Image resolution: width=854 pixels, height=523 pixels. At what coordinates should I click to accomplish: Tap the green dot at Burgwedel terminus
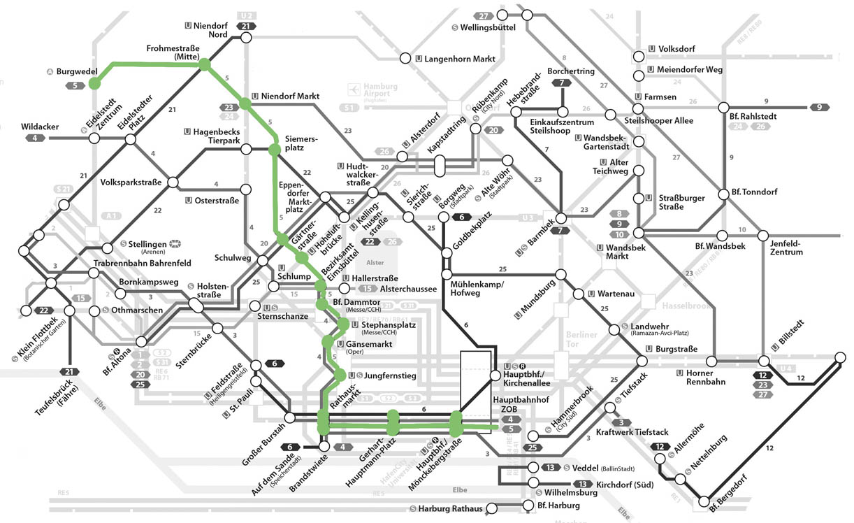click(94, 84)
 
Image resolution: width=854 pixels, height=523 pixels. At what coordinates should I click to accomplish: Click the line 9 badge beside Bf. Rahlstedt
click(820, 107)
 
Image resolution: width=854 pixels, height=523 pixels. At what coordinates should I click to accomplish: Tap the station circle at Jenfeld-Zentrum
click(763, 236)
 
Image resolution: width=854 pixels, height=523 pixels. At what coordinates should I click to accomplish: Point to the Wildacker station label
click(40, 127)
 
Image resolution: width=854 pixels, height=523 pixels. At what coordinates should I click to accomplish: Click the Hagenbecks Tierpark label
click(212, 136)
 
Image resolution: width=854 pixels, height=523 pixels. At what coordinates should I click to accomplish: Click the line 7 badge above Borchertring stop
click(561, 83)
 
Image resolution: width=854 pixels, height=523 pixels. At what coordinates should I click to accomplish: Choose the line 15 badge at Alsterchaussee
click(367, 288)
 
